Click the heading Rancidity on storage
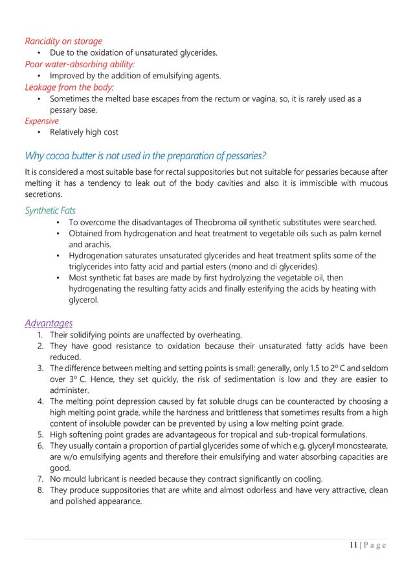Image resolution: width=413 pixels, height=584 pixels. (x=63, y=41)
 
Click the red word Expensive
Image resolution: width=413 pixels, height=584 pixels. (x=41, y=120)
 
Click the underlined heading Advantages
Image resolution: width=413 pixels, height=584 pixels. (x=49, y=322)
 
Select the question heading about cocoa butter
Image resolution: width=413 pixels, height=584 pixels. (x=145, y=156)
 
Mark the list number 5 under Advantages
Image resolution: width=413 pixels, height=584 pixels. (x=41, y=434)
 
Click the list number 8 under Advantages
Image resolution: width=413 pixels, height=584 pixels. (x=41, y=490)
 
